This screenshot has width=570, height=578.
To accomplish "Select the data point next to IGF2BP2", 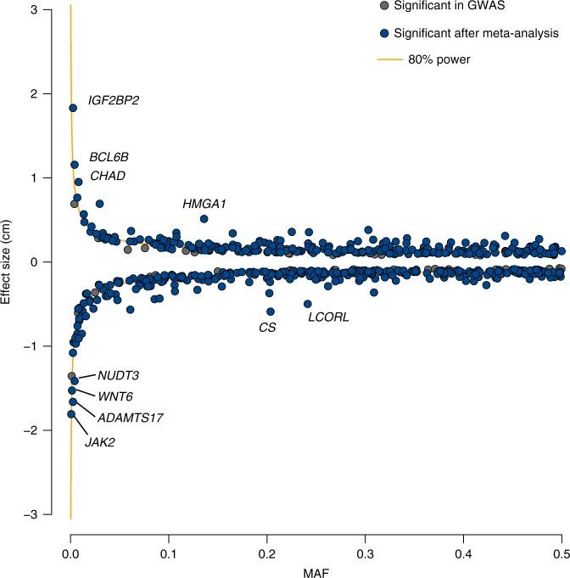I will [x=72, y=108].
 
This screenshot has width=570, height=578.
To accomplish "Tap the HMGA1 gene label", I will [x=204, y=204].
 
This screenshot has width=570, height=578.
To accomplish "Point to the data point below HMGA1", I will [x=204, y=219].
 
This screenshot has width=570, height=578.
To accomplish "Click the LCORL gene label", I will [x=328, y=318].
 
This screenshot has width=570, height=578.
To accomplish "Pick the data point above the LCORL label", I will [x=307, y=304].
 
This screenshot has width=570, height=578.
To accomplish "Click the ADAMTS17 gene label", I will [x=130, y=418].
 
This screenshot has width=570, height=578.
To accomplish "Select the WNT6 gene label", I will [x=115, y=396].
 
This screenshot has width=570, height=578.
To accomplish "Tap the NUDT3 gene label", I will [x=118, y=375].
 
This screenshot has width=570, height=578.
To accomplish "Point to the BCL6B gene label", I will [x=109, y=157].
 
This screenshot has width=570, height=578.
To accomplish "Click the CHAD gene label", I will [x=108, y=176].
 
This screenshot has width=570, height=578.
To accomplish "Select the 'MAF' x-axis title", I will [x=316, y=560].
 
